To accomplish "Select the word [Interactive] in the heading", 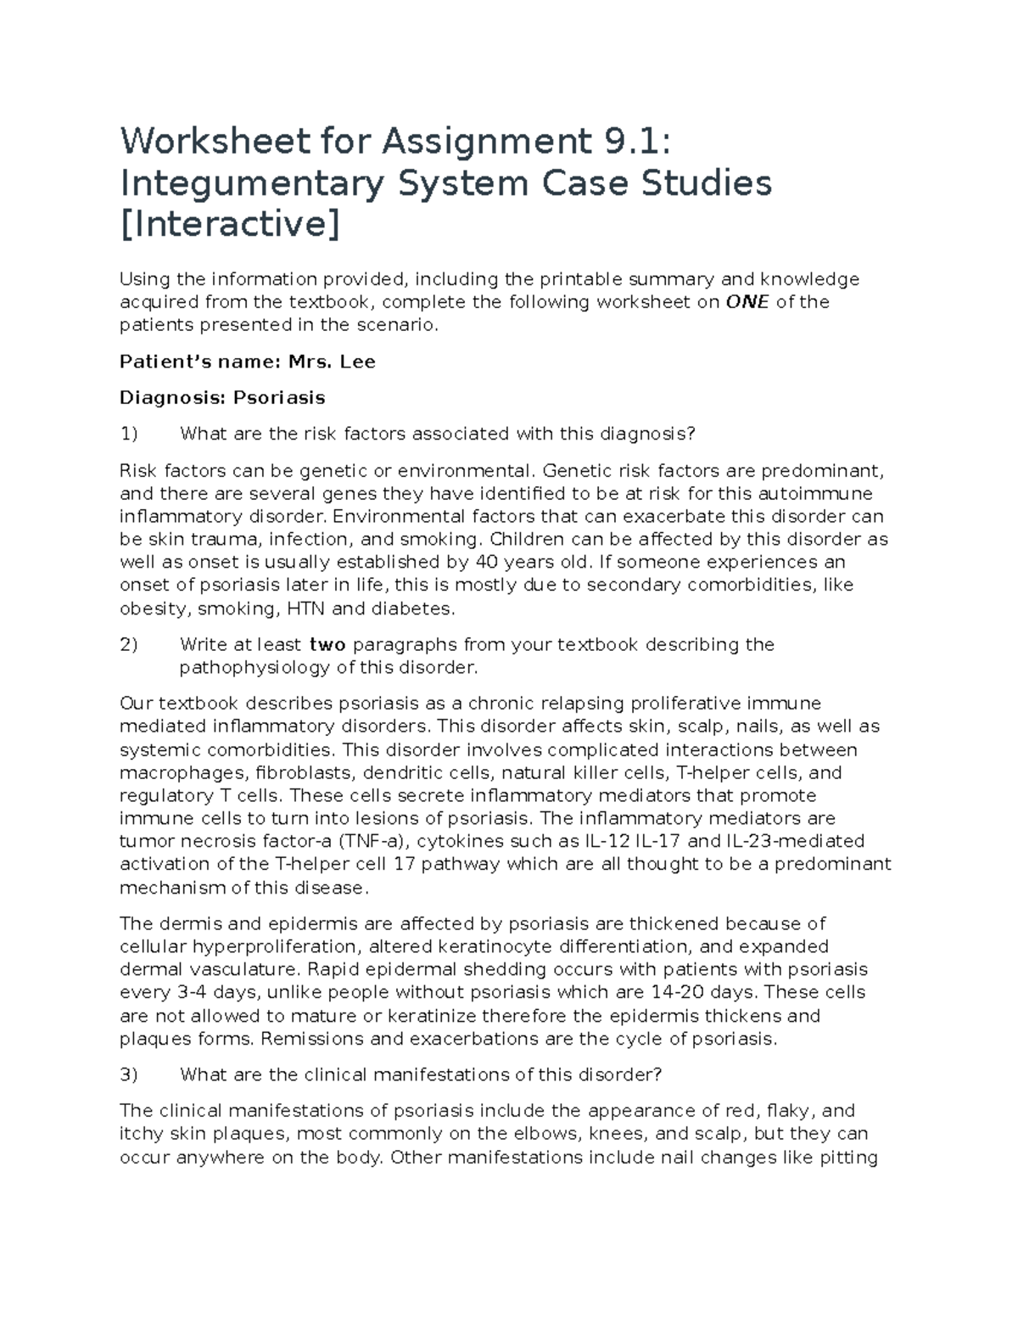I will (x=229, y=225).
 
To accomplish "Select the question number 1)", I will (x=128, y=434).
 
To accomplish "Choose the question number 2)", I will (x=128, y=644).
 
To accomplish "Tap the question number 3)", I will (x=128, y=1074).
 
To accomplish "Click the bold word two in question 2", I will (x=327, y=644).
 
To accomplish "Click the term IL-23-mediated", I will (x=796, y=841).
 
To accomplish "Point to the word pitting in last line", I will (x=849, y=1157).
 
